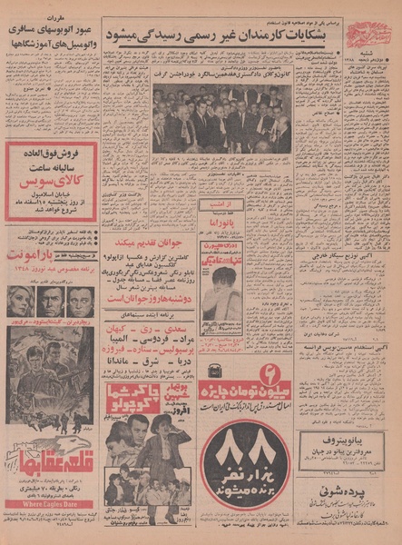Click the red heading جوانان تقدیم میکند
click(x=151, y=243)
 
